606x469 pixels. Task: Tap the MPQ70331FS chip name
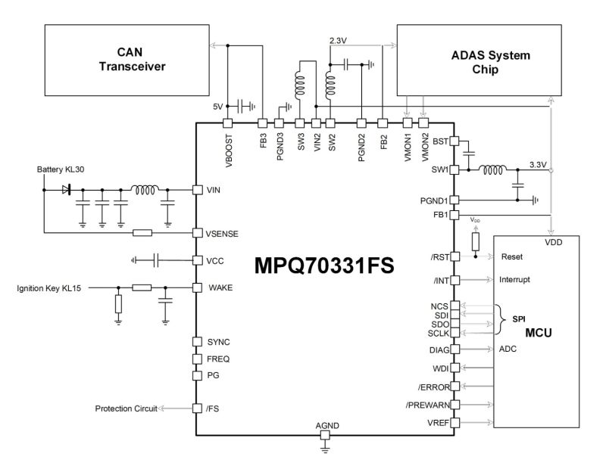tap(324, 266)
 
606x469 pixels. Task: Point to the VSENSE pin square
tap(198, 233)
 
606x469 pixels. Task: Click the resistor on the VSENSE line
tap(142, 233)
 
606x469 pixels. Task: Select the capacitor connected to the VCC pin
tap(156, 260)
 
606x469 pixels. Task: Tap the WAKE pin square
tap(198, 287)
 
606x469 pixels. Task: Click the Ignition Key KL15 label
tap(48, 288)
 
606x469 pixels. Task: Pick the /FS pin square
tap(198, 408)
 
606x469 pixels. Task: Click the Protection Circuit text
tap(126, 408)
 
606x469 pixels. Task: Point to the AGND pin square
tap(326, 435)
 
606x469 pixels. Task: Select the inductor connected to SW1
tap(492, 169)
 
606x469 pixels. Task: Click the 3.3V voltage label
tap(538, 165)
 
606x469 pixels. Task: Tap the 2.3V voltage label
tap(338, 40)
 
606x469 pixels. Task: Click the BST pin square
tap(454, 141)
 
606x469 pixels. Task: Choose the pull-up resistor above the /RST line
tap(476, 241)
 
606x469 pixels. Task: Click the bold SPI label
tap(519, 319)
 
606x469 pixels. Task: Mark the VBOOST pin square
tap(228, 123)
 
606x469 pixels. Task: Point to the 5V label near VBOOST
tap(218, 107)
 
